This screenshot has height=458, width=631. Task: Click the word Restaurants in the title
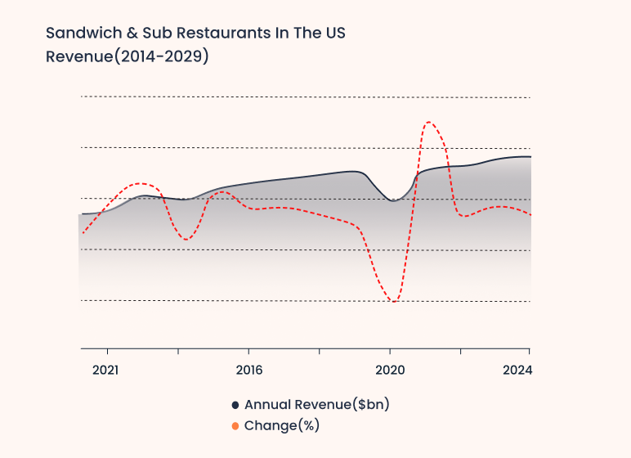click(x=211, y=34)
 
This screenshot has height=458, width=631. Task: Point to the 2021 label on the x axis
click(x=105, y=370)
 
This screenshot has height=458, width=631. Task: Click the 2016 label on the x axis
click(x=248, y=370)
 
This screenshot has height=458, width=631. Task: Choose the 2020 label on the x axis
click(x=390, y=370)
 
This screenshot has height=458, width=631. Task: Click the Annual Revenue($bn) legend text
click(x=316, y=404)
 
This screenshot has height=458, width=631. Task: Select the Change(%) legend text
click(x=281, y=425)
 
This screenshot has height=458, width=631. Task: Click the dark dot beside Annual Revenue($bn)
click(x=235, y=405)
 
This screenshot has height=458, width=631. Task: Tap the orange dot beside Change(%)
click(x=235, y=426)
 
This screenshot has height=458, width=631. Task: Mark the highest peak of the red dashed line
click(x=428, y=123)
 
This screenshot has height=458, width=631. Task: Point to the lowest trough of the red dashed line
click(x=394, y=302)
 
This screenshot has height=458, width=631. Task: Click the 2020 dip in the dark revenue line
click(x=393, y=200)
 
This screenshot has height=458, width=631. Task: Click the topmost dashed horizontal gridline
click(x=305, y=97)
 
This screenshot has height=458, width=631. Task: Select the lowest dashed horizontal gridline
click(x=305, y=301)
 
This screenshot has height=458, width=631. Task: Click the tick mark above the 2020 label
click(x=390, y=351)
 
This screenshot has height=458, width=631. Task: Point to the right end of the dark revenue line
click(x=530, y=156)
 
